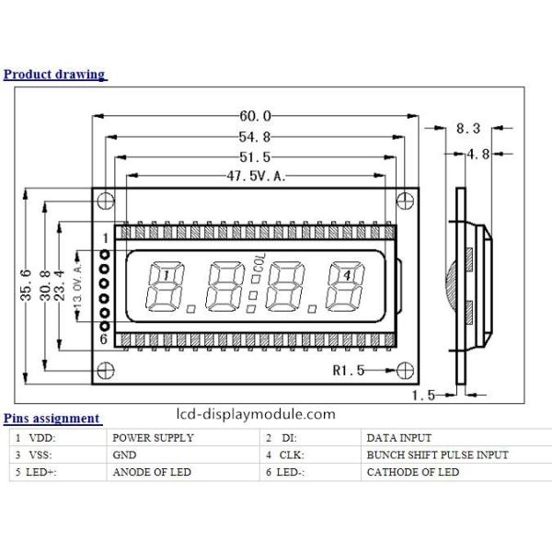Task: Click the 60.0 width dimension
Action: pos(255,116)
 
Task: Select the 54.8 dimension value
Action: pos(255,137)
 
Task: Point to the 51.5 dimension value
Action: pos(255,157)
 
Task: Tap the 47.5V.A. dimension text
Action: pos(255,177)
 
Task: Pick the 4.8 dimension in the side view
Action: pos(477,154)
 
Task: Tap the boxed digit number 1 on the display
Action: pos(164,274)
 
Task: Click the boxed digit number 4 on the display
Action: pos(346,274)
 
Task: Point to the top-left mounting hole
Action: pos(106,201)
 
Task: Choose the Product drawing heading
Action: pos(54,75)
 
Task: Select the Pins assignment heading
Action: pos(52,419)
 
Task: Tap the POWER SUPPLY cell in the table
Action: pos(153,438)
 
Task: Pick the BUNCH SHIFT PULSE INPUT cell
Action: pos(437,454)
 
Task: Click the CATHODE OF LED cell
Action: pos(412,472)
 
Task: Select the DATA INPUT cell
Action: pos(398,438)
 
